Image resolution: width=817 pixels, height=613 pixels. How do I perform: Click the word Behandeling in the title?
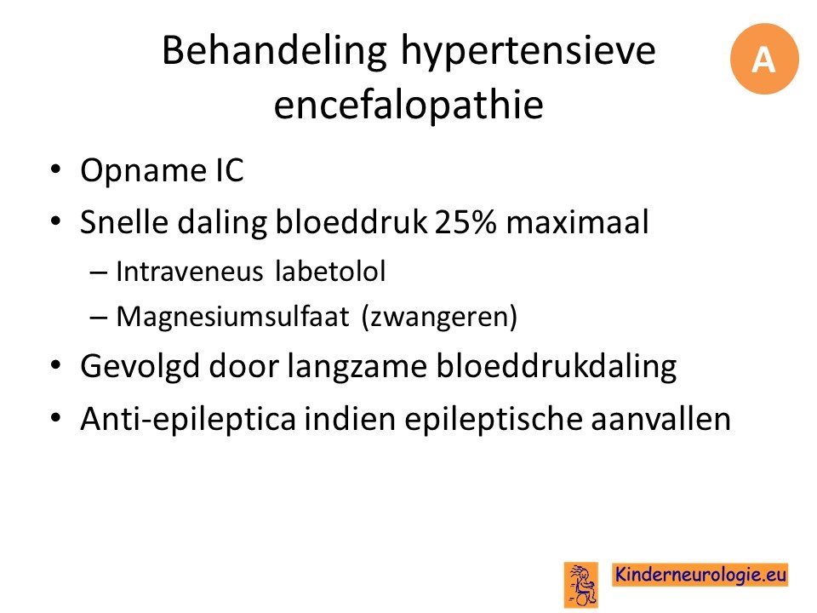[x=275, y=52]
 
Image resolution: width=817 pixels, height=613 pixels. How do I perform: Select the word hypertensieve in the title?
[x=528, y=52]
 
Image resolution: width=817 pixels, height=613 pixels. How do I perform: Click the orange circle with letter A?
[x=764, y=59]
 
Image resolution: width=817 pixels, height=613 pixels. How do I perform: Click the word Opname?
[x=143, y=171]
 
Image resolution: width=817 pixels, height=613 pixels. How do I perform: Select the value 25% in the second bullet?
[x=466, y=221]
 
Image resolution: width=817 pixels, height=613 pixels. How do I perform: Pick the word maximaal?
[x=577, y=221]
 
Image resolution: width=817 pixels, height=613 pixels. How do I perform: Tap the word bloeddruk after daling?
[x=351, y=221]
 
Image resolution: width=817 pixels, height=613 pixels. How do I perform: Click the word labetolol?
[x=330, y=271]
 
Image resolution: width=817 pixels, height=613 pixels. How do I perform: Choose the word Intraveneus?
[x=190, y=271]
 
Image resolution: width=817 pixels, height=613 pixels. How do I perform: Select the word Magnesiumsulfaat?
[x=232, y=317]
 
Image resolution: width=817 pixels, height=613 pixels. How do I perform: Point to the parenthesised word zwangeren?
[x=439, y=317]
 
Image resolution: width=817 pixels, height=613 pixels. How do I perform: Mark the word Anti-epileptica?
[x=188, y=419]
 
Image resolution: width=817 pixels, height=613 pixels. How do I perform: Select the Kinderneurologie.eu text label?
[x=700, y=575]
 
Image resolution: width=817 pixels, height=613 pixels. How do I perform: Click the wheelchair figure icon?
[x=581, y=585]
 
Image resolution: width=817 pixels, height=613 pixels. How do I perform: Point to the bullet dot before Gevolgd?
[x=56, y=364]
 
